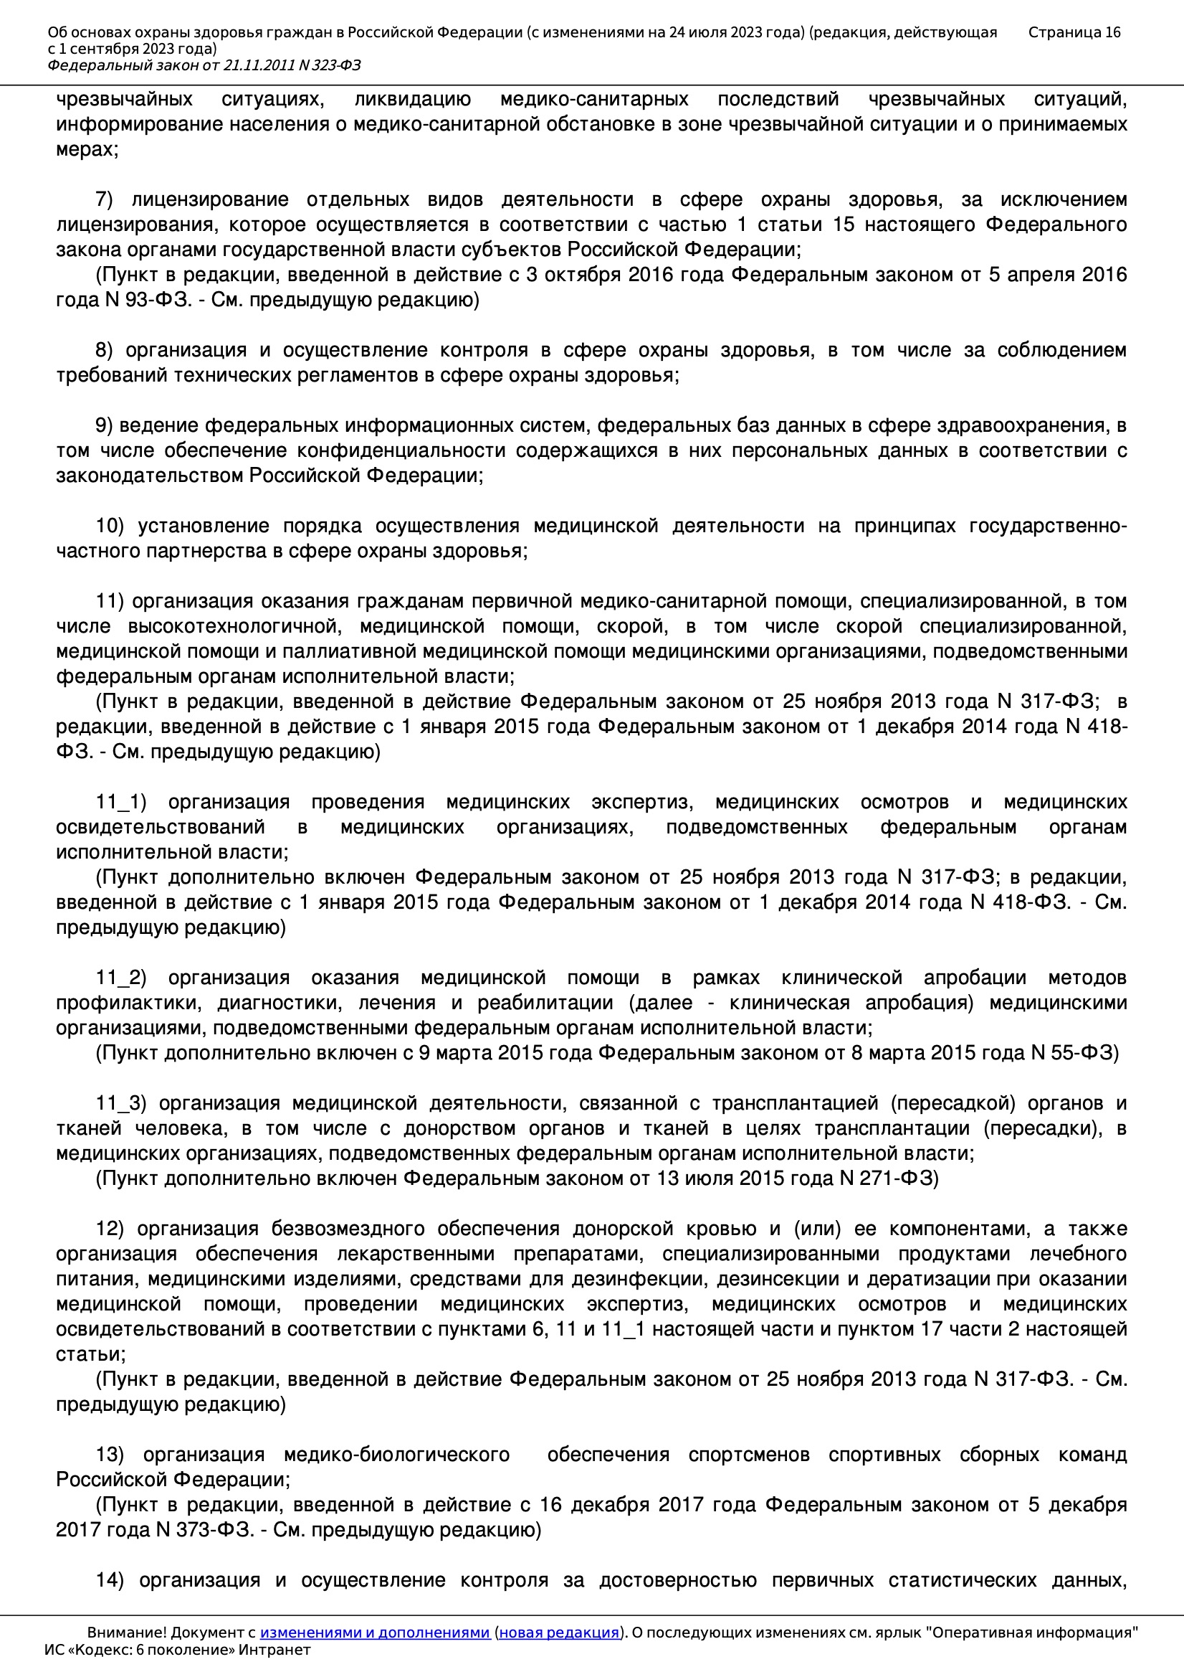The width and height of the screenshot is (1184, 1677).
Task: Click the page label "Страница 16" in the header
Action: click(x=1074, y=32)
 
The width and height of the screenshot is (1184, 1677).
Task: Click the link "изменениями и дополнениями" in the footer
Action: click(x=374, y=1633)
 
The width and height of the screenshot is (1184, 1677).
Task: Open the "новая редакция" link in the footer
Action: click(x=559, y=1633)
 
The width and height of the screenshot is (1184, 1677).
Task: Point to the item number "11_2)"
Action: click(x=121, y=977)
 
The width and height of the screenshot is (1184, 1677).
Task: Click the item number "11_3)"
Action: click(x=121, y=1103)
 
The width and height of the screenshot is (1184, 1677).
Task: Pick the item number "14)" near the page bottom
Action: click(x=110, y=1580)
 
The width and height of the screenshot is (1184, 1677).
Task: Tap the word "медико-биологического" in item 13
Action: click(x=396, y=1454)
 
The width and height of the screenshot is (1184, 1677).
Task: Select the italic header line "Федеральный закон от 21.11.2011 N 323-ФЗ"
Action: click(x=204, y=65)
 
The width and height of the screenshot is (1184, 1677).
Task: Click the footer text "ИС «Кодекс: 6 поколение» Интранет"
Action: click(x=177, y=1650)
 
